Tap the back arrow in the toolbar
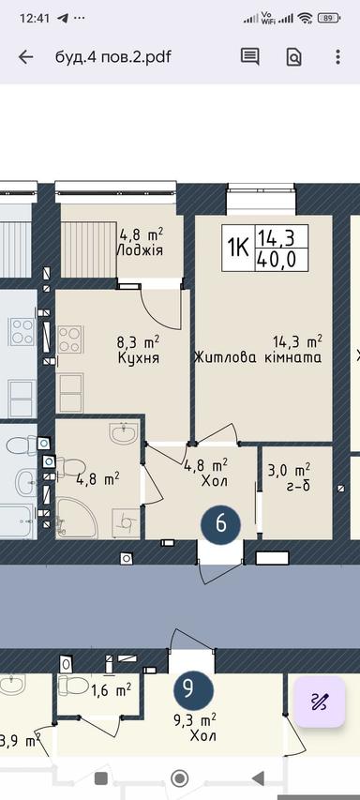26,57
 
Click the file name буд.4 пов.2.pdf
112,57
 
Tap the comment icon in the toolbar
249,57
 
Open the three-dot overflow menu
337,57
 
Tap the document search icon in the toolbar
293,57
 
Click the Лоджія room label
141,250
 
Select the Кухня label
139,358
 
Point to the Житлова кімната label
259,357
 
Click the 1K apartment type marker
238,248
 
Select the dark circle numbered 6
221,523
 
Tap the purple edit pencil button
320,701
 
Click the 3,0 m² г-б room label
289,477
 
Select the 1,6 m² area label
111,689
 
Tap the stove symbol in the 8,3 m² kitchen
69,339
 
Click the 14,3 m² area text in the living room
297,340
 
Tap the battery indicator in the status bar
329,18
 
